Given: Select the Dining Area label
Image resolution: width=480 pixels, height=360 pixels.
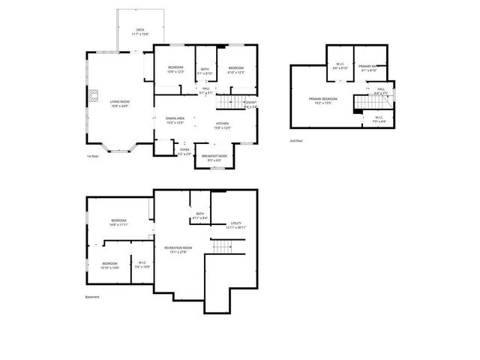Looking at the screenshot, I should pyautogui.click(x=175, y=121).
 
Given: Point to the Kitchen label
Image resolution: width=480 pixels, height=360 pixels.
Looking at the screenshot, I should pyautogui.click(x=222, y=125).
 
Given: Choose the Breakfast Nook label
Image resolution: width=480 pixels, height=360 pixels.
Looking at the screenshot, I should pyautogui.click(x=214, y=157).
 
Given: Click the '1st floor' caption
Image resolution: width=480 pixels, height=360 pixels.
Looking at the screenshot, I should pyautogui.click(x=93, y=156).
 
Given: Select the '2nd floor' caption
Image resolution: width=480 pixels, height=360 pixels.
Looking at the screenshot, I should pyautogui.click(x=296, y=140).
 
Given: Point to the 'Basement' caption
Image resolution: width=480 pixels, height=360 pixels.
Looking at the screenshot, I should pyautogui.click(x=91, y=297).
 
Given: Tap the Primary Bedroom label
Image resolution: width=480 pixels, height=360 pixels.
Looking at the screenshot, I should pyautogui.click(x=323, y=100).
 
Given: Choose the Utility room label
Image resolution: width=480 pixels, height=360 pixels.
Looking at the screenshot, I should pyautogui.click(x=236, y=224).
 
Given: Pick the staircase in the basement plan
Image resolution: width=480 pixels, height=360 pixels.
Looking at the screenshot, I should pyautogui.click(x=223, y=247).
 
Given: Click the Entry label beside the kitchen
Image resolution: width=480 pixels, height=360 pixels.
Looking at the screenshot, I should pyautogui.click(x=250, y=104).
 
